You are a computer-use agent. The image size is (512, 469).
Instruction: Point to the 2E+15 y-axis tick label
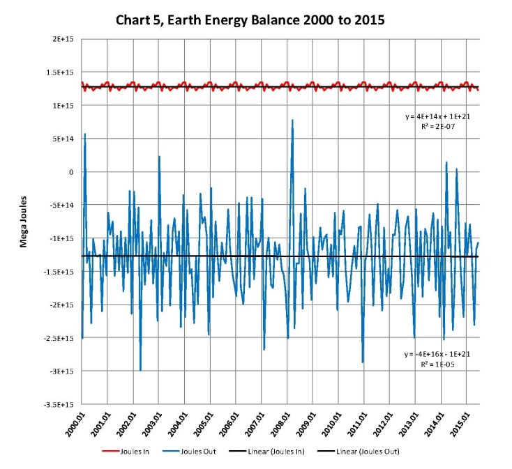click(63, 39)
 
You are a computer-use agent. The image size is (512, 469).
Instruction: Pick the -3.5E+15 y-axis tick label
click(61, 404)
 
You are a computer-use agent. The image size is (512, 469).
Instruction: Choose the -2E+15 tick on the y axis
click(62, 305)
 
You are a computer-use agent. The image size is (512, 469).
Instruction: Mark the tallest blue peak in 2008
click(292, 120)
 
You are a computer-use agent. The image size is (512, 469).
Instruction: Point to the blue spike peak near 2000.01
click(85, 134)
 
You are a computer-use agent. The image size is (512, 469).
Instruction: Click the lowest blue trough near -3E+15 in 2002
click(140, 370)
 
